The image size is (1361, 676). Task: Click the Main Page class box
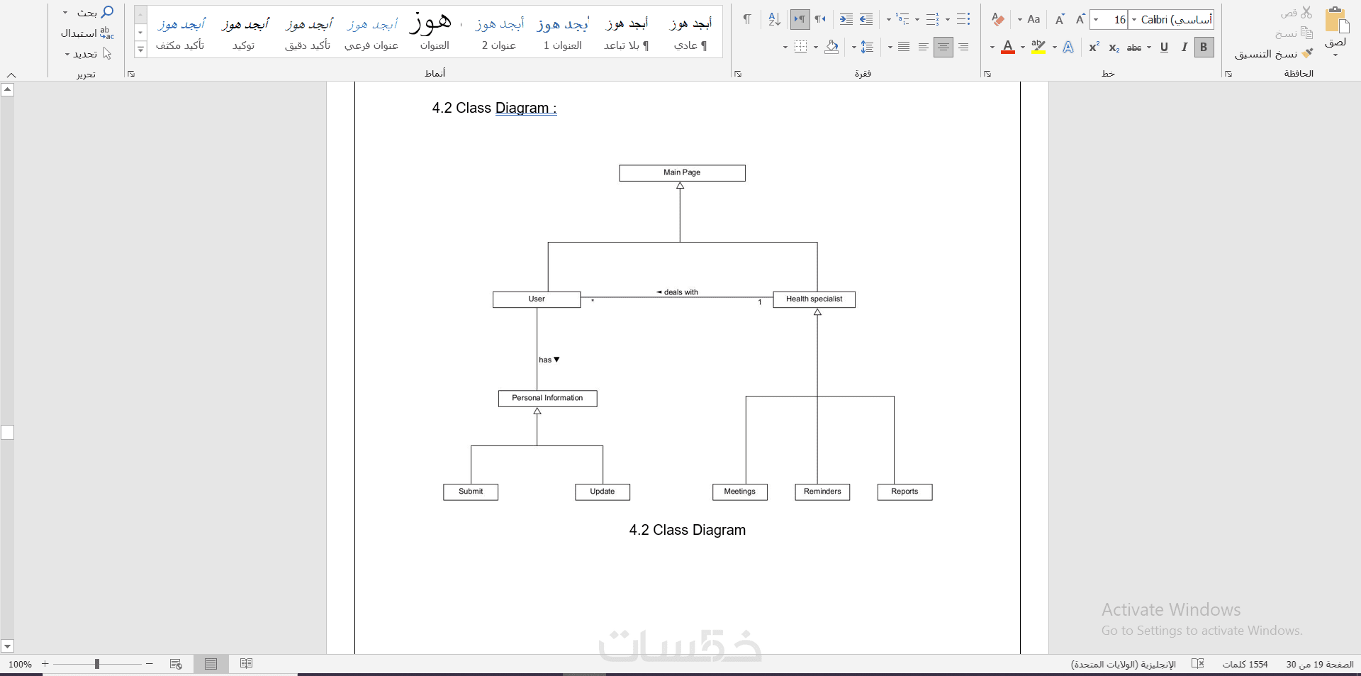682,173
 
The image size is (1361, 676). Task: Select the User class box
537,299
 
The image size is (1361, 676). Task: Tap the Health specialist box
814,299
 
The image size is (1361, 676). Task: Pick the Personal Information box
547,399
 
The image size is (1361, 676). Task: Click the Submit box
471,492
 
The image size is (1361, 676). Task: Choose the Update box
603,492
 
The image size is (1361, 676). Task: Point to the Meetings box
740,492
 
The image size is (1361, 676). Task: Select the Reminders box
822,492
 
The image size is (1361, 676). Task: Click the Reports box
904,492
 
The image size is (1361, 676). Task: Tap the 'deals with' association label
678,292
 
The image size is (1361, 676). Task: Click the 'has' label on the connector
549,360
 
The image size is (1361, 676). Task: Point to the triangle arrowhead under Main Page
680,185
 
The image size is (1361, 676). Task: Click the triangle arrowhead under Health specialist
817,311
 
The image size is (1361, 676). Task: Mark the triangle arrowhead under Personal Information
537,411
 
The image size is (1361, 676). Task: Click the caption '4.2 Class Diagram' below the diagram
688,530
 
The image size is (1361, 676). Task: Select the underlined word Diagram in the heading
522,108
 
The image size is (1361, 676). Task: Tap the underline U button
1164,48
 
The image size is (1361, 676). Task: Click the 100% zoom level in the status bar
20,665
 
